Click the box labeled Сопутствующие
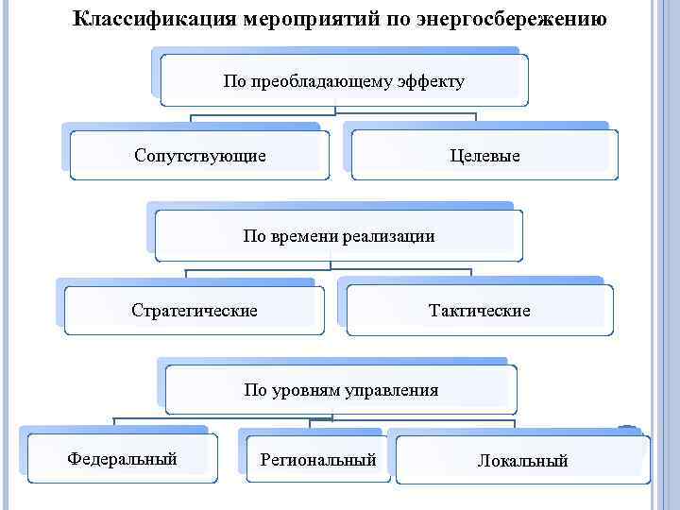click(x=199, y=154)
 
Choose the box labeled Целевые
click(x=485, y=155)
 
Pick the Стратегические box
click(x=194, y=310)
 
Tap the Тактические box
click(x=480, y=310)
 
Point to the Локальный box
click(x=522, y=461)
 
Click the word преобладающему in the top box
click(x=331, y=81)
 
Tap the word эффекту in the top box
click(x=431, y=81)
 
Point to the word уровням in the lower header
click(x=315, y=390)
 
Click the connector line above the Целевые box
click(x=476, y=119)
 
